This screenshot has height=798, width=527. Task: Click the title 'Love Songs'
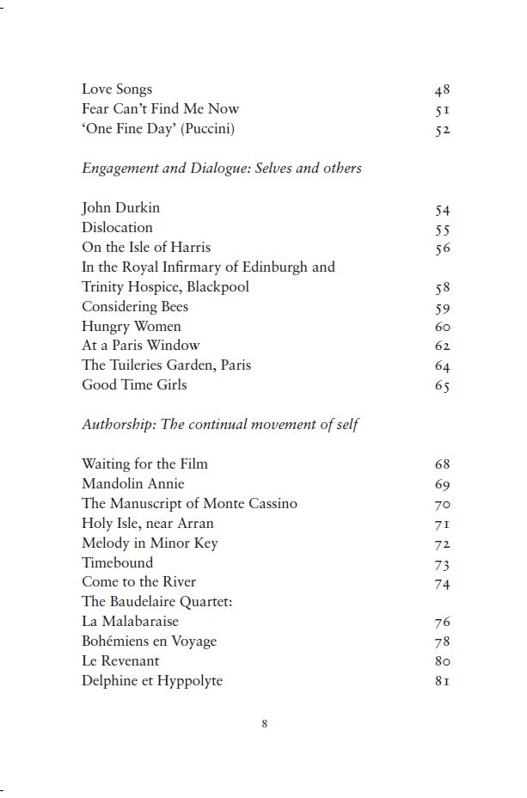[x=117, y=89]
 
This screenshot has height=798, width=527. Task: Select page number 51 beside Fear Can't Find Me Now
[x=443, y=110]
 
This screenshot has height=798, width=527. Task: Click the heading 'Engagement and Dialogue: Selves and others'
[x=221, y=169]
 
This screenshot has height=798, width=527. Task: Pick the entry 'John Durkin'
[x=120, y=208]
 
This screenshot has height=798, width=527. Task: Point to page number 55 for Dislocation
[x=443, y=229]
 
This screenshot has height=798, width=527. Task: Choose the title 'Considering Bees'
[x=134, y=307]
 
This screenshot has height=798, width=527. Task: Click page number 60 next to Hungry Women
[x=443, y=328]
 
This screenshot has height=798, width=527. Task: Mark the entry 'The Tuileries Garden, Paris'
[x=166, y=365]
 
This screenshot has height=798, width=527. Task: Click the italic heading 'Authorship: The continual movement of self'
[x=220, y=425]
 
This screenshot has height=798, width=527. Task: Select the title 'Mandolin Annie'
[x=132, y=484]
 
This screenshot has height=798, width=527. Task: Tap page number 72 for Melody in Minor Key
[x=443, y=544]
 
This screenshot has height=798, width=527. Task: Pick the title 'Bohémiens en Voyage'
[x=149, y=641]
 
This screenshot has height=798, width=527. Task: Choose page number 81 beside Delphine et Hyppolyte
[x=443, y=682]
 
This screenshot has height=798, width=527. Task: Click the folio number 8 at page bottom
[x=265, y=724]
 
